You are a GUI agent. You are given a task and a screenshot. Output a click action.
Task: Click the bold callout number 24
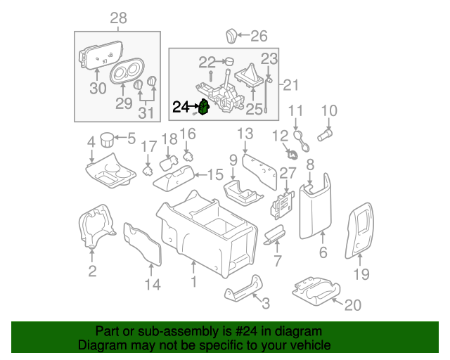tap(181, 108)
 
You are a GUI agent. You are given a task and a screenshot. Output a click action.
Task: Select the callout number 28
tap(118, 17)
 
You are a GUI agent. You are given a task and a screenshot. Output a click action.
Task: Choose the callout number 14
tap(153, 284)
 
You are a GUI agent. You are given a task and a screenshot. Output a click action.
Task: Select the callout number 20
tap(352, 304)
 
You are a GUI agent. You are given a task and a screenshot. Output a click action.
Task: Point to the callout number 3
tap(264, 304)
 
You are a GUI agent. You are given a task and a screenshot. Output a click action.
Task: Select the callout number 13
tap(244, 134)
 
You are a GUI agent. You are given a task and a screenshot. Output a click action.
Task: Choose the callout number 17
tap(148, 146)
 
